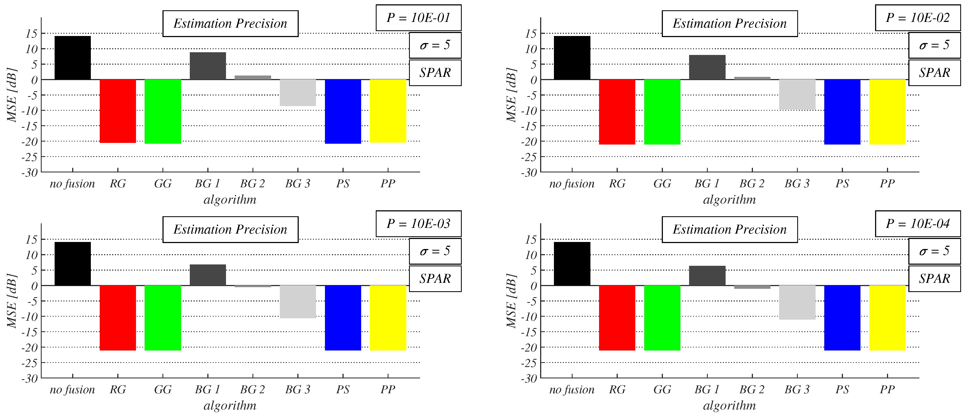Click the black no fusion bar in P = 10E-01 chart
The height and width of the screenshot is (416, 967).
click(72, 58)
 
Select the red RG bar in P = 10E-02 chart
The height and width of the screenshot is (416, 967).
click(617, 112)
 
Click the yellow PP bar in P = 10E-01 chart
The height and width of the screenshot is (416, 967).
click(388, 111)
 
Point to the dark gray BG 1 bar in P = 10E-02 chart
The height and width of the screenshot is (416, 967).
click(707, 67)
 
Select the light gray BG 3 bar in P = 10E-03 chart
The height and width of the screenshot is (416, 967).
click(298, 302)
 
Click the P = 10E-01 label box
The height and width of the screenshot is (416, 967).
click(418, 18)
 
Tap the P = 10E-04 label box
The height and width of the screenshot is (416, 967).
click(918, 224)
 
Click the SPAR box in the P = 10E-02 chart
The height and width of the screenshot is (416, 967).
click(934, 73)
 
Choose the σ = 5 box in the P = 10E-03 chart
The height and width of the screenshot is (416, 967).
click(435, 251)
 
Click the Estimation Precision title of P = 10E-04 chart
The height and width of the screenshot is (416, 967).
click(729, 229)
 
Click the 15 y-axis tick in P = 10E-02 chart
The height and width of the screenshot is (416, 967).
click(531, 34)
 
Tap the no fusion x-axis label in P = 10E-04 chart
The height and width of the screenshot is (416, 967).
click(572, 389)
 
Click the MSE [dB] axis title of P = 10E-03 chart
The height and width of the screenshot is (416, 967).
click(12, 301)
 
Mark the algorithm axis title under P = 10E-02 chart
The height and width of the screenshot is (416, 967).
click(729, 199)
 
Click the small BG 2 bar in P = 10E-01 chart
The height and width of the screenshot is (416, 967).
click(253, 77)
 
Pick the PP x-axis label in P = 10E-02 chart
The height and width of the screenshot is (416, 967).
click(887, 184)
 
